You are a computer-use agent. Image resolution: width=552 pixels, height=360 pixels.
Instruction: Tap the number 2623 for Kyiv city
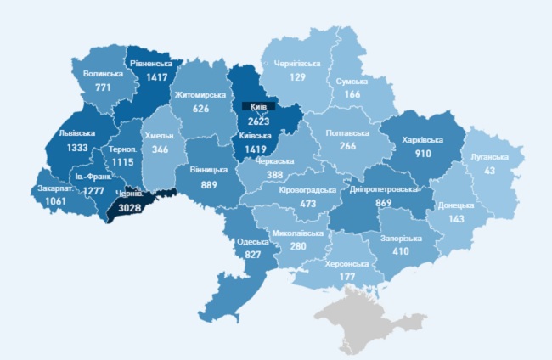259,121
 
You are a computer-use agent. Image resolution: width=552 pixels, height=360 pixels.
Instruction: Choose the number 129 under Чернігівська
296,77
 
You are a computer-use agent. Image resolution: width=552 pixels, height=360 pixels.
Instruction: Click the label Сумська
352,82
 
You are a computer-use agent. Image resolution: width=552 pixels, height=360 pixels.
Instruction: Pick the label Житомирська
200,95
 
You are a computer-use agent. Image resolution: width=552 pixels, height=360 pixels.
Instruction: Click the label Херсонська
345,263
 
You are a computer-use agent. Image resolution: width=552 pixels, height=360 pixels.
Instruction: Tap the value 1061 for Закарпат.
57,201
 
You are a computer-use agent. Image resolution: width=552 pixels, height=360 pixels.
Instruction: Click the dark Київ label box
259,108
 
